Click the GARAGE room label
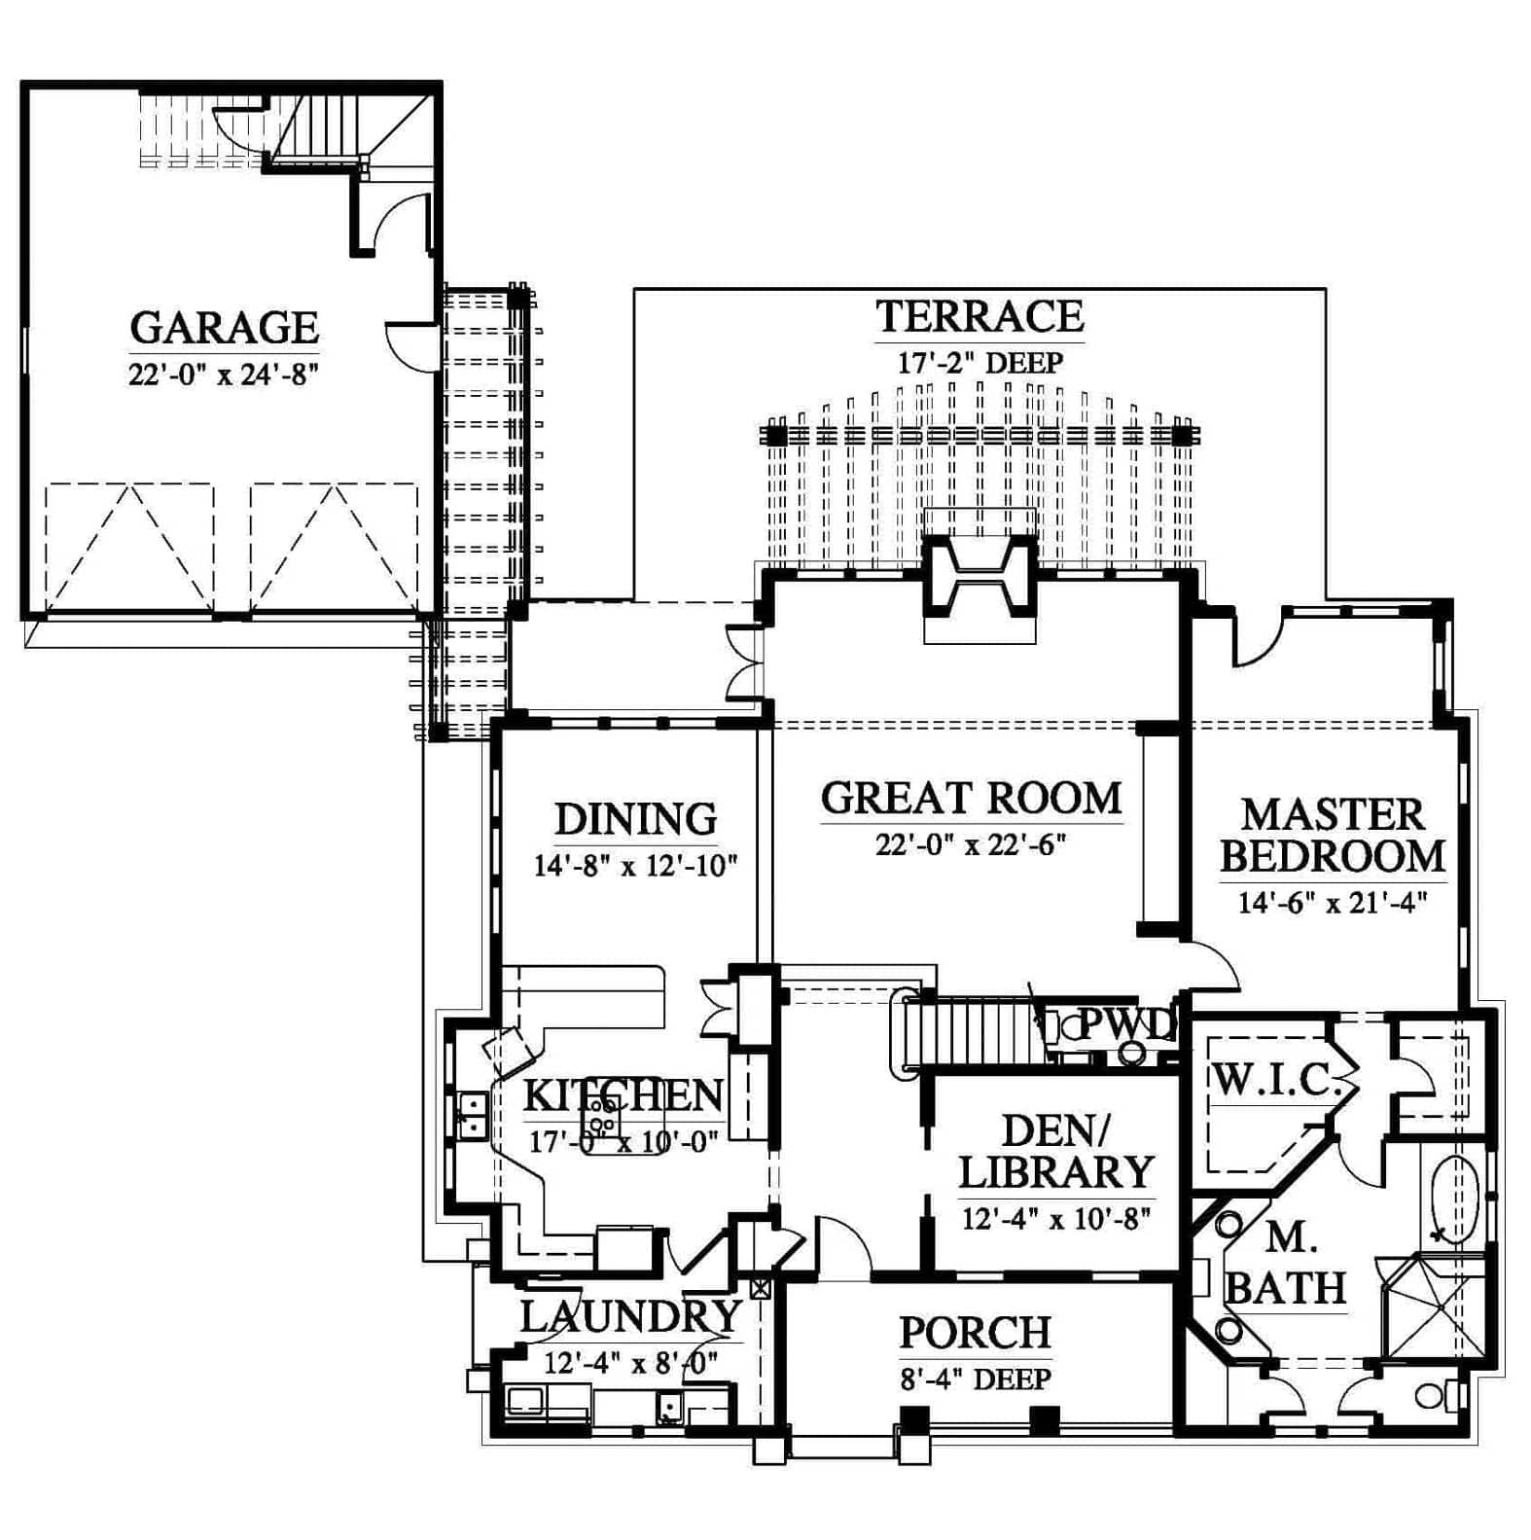224,328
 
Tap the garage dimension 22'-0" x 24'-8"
224,374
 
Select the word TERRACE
979,316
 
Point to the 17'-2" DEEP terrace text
979,363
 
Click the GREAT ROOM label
972,798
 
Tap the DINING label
636,819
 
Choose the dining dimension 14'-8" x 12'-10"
636,865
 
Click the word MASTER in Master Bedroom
1333,814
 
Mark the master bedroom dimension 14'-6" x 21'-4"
1333,903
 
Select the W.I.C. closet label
1276,1080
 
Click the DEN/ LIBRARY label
1056,1152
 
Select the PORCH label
975,1333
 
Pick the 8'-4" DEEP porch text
975,1379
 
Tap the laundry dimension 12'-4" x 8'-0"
630,1362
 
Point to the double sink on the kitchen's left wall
473,1116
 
